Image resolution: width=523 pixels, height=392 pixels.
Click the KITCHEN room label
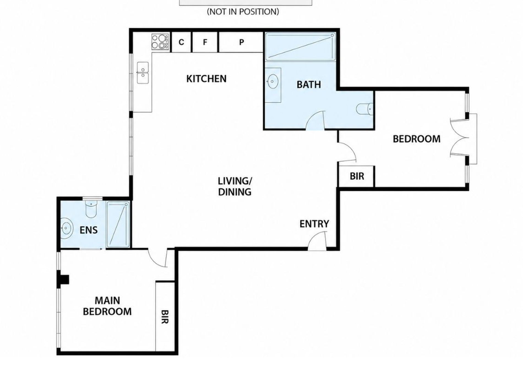(x=206, y=79)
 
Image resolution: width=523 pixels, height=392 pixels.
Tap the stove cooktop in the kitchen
(x=160, y=42)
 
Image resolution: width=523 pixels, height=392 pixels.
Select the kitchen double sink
(x=143, y=73)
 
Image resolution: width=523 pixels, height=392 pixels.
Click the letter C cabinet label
(x=181, y=42)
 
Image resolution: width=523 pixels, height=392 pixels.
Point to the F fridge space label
(x=205, y=42)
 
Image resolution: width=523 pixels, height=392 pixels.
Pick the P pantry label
(x=241, y=42)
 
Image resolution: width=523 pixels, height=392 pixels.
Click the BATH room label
(x=309, y=84)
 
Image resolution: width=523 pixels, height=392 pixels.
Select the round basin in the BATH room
(x=273, y=81)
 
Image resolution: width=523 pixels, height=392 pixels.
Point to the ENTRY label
(x=314, y=224)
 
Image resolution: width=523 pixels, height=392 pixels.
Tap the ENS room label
(x=89, y=230)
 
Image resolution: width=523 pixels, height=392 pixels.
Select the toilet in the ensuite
(x=91, y=209)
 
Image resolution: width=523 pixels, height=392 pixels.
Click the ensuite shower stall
(x=118, y=224)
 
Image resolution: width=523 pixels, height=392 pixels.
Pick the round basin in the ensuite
(x=66, y=227)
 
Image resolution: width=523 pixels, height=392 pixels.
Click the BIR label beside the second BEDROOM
(x=357, y=176)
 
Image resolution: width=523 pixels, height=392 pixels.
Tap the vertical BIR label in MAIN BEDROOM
(x=164, y=317)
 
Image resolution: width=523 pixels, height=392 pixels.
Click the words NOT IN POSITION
(x=243, y=12)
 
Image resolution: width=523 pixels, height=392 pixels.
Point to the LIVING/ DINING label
(x=235, y=187)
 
